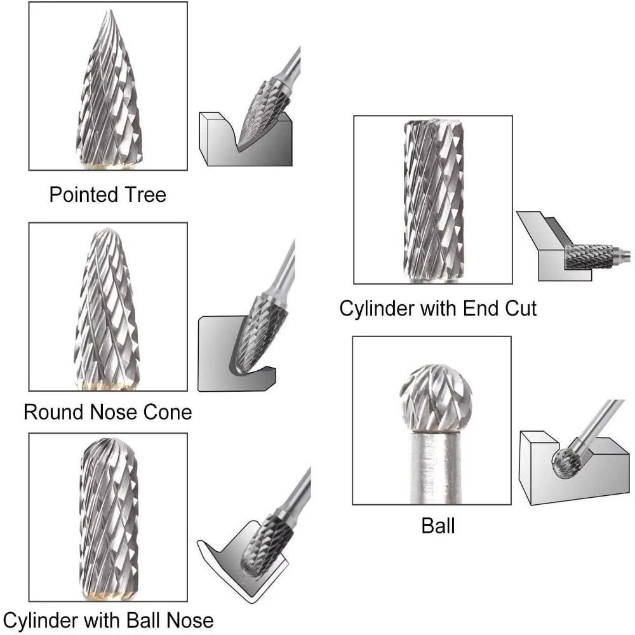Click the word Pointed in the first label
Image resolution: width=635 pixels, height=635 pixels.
point(80,194)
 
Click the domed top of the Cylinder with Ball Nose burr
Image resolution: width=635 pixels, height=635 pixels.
point(107,442)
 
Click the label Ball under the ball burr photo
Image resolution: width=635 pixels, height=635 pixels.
point(438,526)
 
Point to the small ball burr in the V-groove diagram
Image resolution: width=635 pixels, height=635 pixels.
point(565,463)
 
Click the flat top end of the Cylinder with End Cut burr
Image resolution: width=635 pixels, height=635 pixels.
point(434,123)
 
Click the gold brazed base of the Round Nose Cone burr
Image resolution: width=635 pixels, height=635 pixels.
point(106,386)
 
